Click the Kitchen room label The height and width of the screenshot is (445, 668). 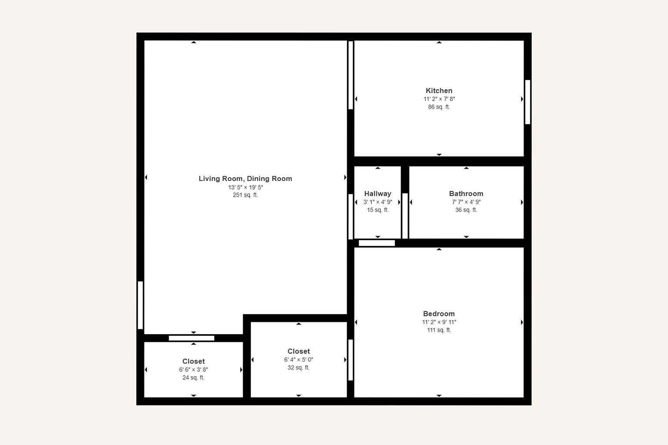point(439,90)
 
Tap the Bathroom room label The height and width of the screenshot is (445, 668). point(466,194)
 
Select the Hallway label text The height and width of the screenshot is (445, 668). point(377,194)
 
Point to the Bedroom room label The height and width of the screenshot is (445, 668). point(439,314)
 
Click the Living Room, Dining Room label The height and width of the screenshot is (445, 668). point(245,179)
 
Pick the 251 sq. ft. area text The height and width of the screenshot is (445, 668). point(245,195)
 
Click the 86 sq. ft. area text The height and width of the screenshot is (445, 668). point(439,107)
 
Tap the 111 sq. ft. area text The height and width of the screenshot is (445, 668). point(439,330)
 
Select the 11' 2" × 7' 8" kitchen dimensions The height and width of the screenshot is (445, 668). point(439,99)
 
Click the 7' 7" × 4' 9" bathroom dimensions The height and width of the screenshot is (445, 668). point(466,202)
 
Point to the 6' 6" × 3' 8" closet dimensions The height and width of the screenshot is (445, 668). point(194,370)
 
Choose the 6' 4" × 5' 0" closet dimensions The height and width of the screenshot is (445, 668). point(298,360)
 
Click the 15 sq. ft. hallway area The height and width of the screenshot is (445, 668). point(377,210)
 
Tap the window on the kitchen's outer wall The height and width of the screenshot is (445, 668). point(528,102)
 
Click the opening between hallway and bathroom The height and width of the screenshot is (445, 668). point(405,216)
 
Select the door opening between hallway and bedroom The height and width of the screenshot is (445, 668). point(377,243)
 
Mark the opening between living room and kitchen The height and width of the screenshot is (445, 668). point(351,75)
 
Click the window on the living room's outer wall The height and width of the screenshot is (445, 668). point(140,305)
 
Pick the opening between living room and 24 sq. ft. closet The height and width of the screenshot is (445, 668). point(191,338)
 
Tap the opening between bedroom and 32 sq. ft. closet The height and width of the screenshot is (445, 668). point(351,360)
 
